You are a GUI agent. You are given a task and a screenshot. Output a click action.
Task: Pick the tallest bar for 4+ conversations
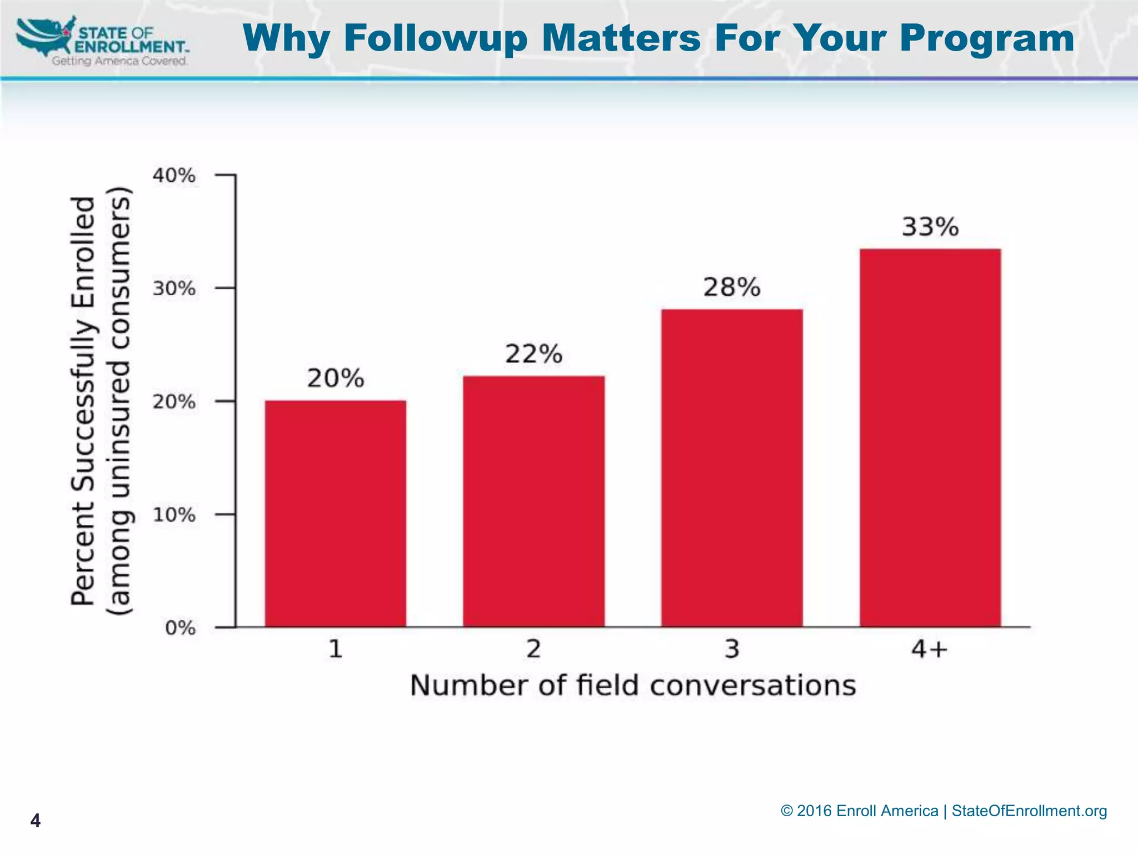930,438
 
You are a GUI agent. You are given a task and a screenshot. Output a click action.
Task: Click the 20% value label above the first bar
336,379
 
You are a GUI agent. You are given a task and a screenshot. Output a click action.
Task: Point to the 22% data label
533,354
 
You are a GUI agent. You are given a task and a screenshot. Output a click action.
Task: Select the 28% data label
732,287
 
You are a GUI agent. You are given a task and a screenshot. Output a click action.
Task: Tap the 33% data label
930,227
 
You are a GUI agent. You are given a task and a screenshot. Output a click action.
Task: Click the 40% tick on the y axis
174,176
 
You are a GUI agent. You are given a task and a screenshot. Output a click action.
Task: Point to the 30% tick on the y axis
174,289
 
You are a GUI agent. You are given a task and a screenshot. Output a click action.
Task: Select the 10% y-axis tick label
174,515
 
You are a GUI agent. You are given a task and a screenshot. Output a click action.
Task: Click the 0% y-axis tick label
180,628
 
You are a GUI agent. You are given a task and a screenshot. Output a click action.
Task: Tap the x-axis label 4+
929,649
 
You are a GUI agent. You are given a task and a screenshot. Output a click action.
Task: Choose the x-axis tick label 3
732,649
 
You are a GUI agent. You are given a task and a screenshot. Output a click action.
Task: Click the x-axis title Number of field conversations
633,686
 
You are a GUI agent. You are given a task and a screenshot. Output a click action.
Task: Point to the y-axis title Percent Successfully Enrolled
83,400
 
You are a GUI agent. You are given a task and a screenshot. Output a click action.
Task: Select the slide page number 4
35,820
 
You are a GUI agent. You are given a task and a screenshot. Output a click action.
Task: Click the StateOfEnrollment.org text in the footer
1029,811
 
